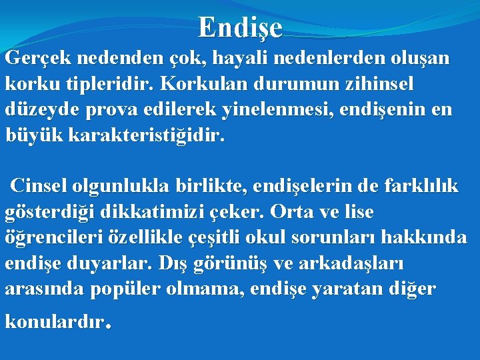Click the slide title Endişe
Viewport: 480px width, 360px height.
tap(240, 28)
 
